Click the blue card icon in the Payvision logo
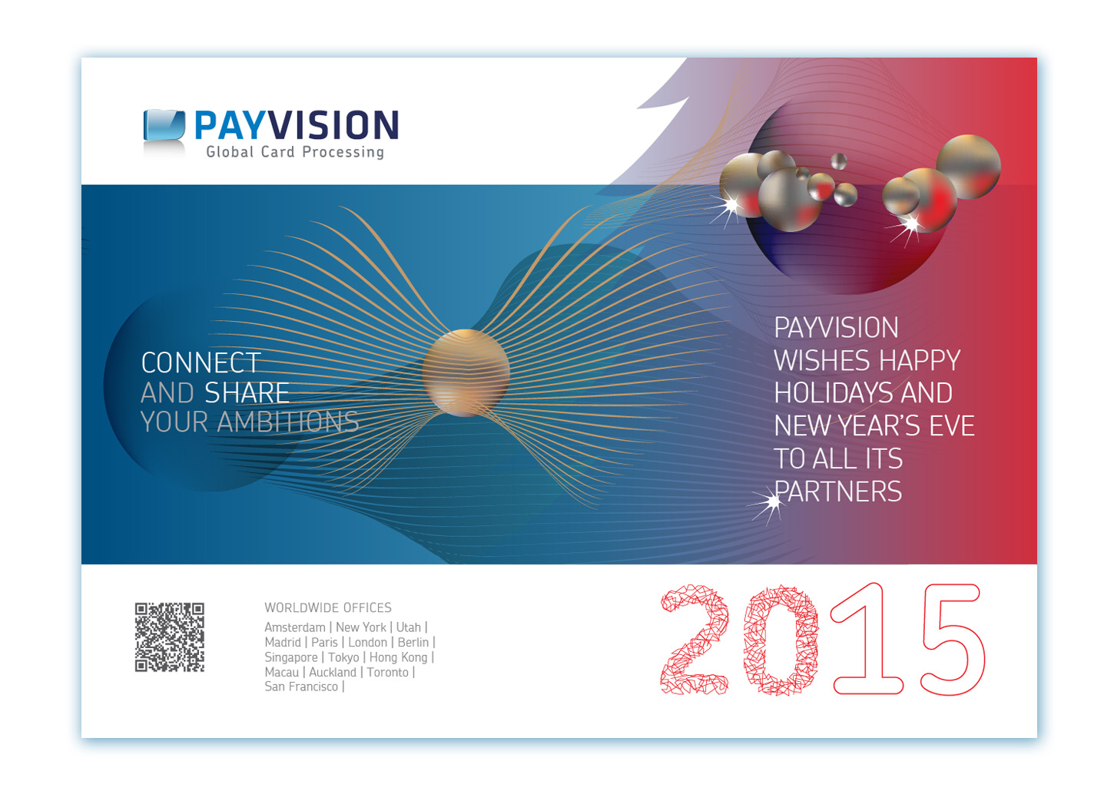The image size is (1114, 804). (164, 125)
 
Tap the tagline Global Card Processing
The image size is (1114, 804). (296, 152)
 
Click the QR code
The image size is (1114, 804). (170, 637)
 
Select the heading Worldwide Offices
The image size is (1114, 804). (328, 607)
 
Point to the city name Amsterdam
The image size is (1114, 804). (295, 627)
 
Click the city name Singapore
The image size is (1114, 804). (291, 657)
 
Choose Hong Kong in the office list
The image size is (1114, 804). (399, 657)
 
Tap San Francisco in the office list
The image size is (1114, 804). (301, 687)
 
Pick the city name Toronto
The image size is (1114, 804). (388, 672)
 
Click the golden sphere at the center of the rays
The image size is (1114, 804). (466, 373)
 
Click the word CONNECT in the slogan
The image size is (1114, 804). (201, 362)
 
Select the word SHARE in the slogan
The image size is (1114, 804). (247, 393)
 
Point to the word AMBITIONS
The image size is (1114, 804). (288, 422)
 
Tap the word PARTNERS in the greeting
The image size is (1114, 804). (838, 491)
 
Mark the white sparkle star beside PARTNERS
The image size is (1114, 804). (772, 503)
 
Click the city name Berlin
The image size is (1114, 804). (413, 643)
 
